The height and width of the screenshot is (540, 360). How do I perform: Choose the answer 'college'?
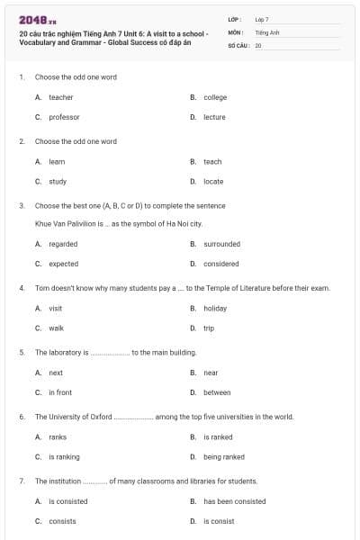215,97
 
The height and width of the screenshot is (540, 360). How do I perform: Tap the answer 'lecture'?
214,117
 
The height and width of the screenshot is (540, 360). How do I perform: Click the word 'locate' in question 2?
213,181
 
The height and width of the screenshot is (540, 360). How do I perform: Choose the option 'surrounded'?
221,244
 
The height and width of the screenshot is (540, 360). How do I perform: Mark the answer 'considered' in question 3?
220,264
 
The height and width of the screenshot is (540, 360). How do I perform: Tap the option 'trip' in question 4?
209,328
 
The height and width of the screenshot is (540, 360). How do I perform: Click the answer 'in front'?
60,392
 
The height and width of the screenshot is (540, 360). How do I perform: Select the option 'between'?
217,392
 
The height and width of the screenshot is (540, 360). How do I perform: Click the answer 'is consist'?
219,521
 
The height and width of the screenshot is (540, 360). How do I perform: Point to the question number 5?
21,352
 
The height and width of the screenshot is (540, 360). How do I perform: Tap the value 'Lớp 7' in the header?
262,19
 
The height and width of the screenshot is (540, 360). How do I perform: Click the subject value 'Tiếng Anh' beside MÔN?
264,31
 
